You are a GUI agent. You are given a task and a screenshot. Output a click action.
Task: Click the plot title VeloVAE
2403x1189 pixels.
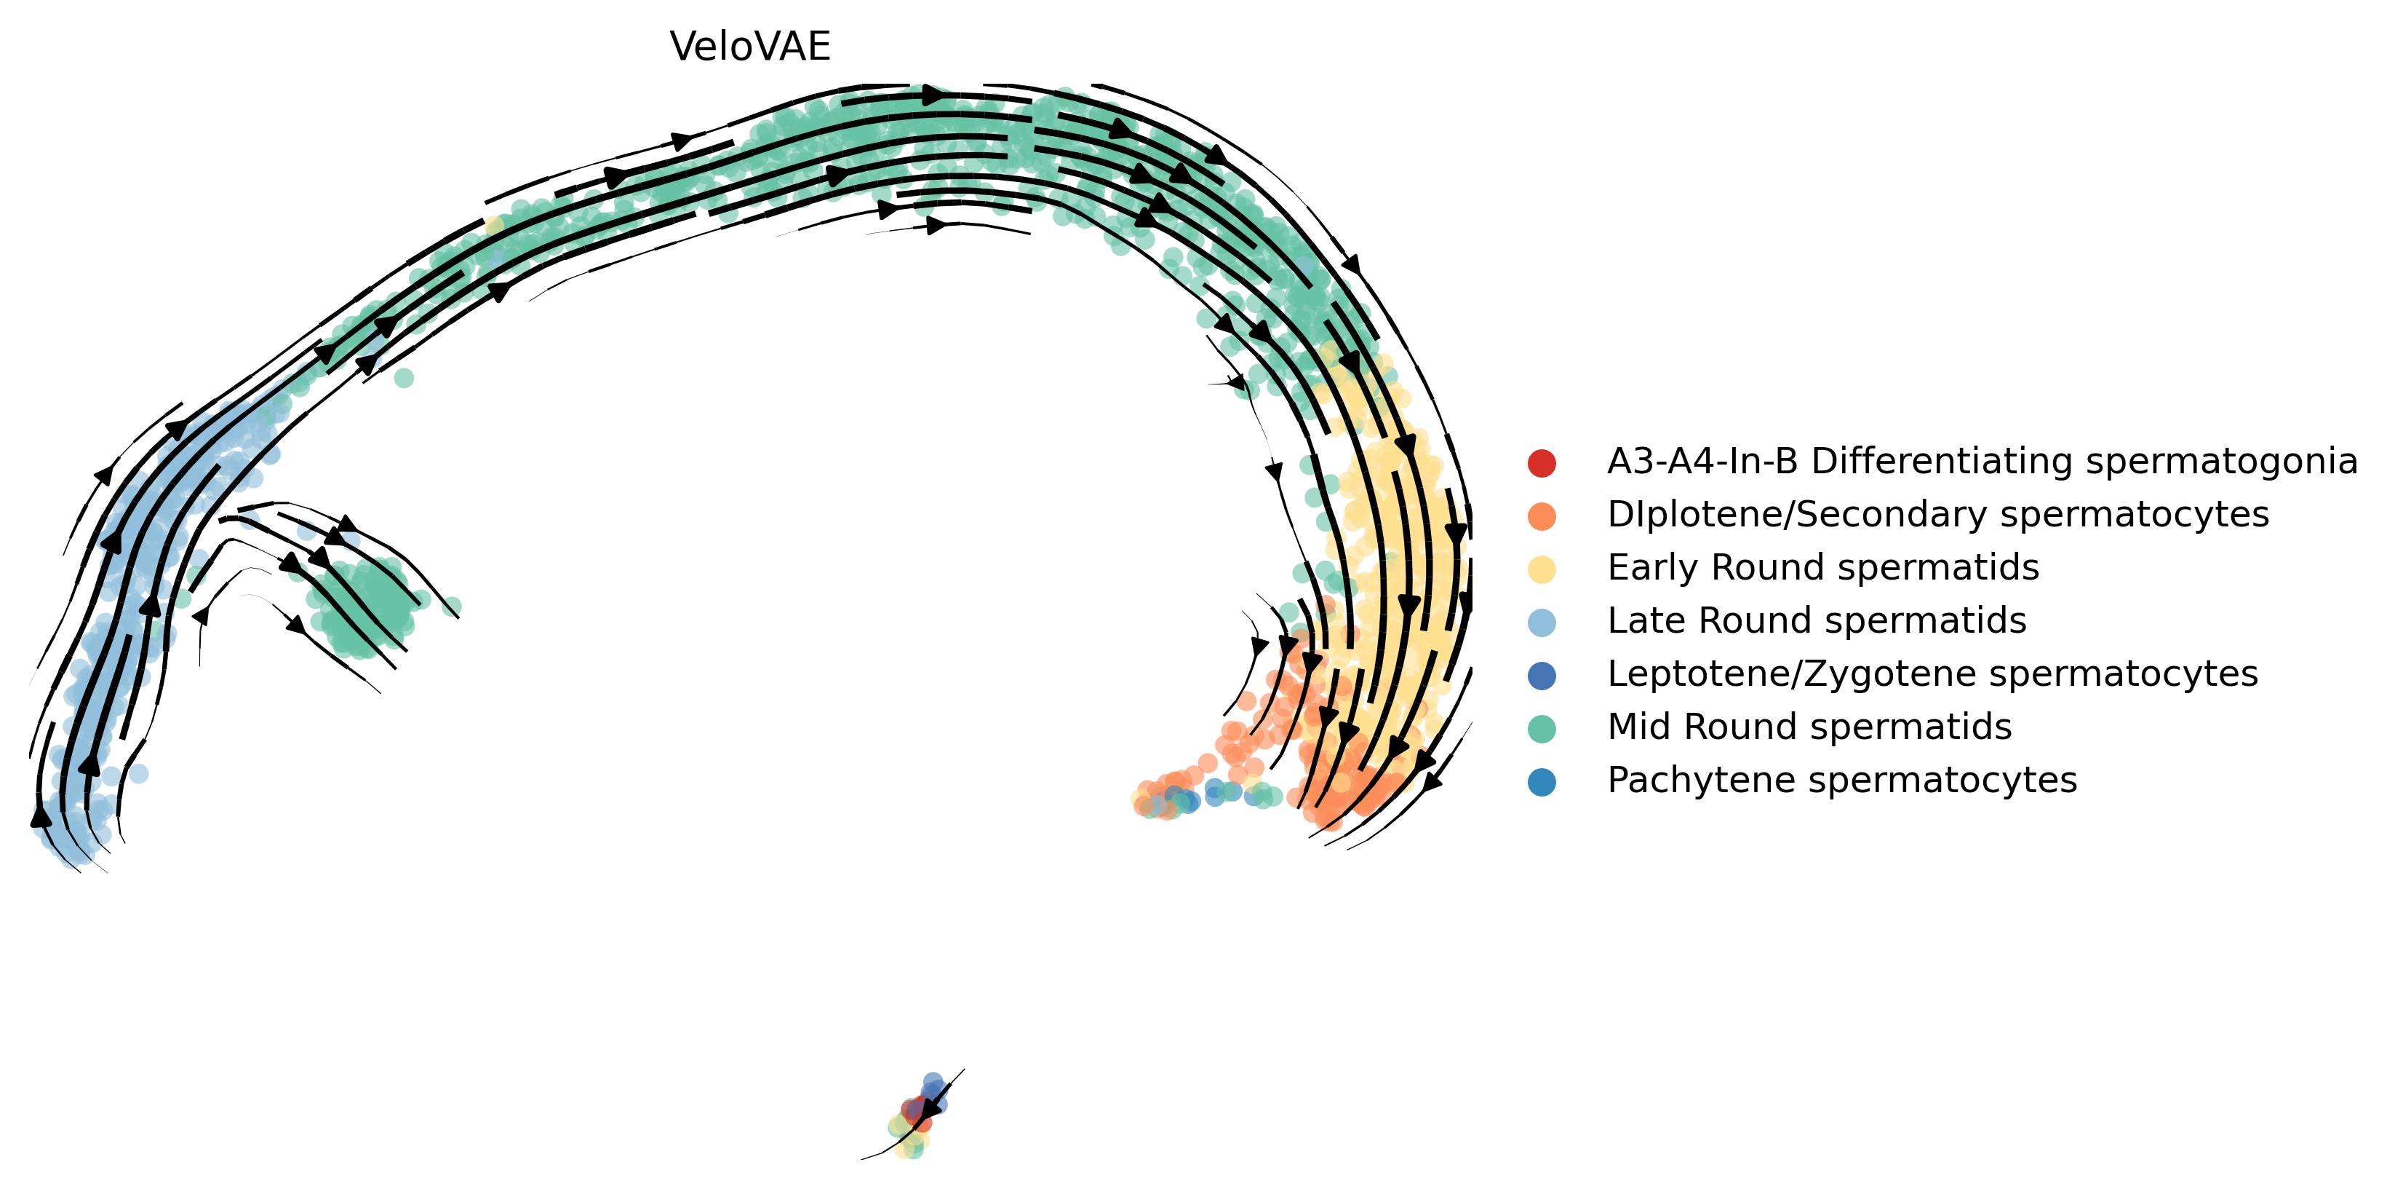coord(750,47)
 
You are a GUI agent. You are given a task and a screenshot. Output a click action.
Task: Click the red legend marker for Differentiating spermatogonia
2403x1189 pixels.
coord(1542,462)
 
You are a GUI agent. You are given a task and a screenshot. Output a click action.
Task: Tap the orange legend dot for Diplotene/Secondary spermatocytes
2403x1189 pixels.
coord(1542,516)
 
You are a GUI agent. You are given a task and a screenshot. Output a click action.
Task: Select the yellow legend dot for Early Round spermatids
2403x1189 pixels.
coord(1542,569)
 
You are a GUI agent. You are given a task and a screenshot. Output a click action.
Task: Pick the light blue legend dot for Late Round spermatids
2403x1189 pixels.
coord(1542,622)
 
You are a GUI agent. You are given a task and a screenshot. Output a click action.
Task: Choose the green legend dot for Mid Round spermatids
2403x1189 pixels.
coord(1542,728)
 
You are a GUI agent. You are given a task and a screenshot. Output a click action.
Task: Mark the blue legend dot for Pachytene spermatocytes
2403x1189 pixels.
coord(1542,781)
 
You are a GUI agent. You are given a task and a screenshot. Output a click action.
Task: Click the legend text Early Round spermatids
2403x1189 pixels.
coord(1822,567)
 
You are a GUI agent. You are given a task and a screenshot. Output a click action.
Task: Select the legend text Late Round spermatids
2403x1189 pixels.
coord(1816,620)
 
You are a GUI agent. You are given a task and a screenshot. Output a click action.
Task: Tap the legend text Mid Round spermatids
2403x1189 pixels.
coord(1809,727)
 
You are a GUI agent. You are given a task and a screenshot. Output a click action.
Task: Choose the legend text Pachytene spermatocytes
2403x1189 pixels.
coord(1841,781)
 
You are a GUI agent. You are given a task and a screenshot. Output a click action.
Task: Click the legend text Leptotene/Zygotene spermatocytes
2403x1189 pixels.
coord(1932,673)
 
